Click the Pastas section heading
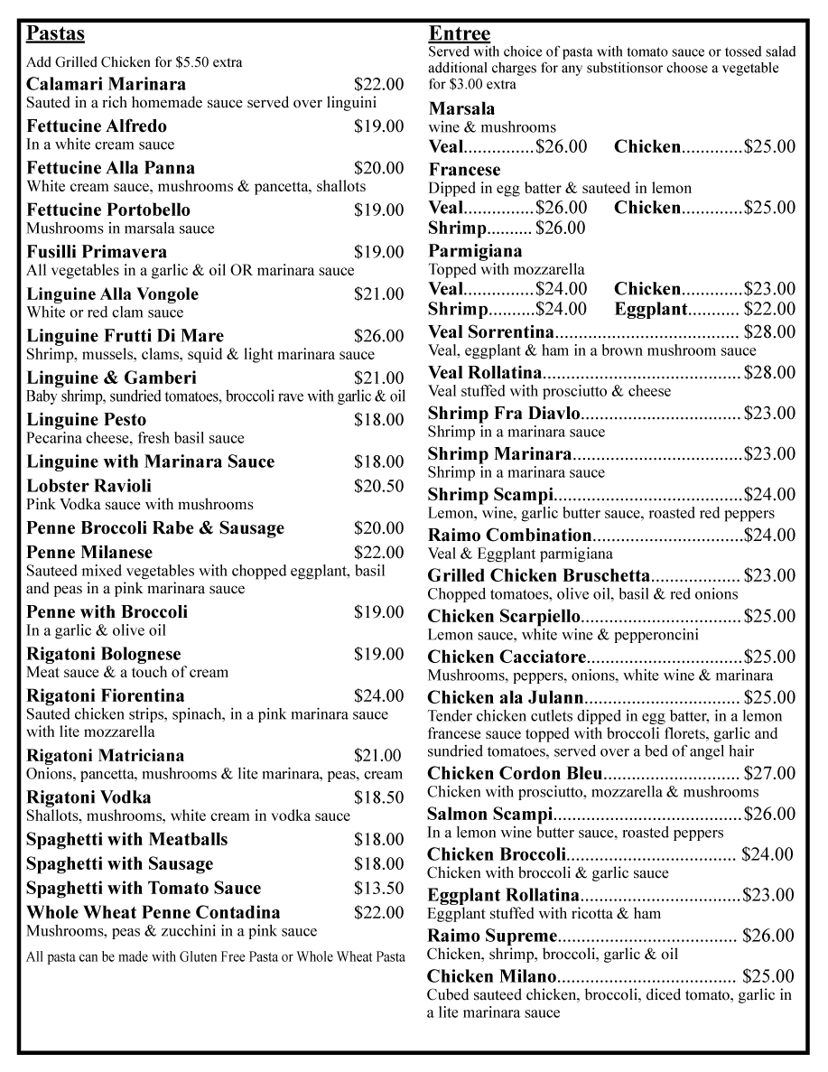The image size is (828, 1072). pyautogui.click(x=55, y=34)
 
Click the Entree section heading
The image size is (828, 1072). pyautogui.click(x=459, y=34)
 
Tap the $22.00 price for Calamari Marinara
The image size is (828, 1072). pyautogui.click(x=379, y=85)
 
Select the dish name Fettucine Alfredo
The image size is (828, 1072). pyautogui.click(x=97, y=126)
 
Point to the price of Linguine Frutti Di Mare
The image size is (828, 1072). pyautogui.click(x=379, y=337)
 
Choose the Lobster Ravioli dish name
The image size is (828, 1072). pyautogui.click(x=89, y=486)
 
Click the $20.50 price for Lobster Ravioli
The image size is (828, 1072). pyautogui.click(x=379, y=486)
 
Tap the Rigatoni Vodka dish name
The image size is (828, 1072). pyautogui.click(x=88, y=797)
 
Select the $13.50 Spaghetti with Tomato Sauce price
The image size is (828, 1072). pyautogui.click(x=379, y=889)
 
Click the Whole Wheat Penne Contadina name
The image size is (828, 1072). pyautogui.click(x=154, y=912)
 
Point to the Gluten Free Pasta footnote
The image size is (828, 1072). pyautogui.click(x=216, y=957)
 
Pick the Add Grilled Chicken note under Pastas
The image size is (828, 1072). pyautogui.click(x=134, y=62)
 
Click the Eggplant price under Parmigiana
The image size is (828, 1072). pyautogui.click(x=769, y=310)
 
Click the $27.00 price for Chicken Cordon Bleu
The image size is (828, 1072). pyautogui.click(x=769, y=773)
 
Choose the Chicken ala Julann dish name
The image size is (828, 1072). pyautogui.click(x=506, y=697)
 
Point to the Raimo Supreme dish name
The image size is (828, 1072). pyautogui.click(x=492, y=936)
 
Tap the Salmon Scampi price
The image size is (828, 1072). pyautogui.click(x=769, y=814)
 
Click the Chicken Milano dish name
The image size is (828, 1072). pyautogui.click(x=492, y=976)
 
